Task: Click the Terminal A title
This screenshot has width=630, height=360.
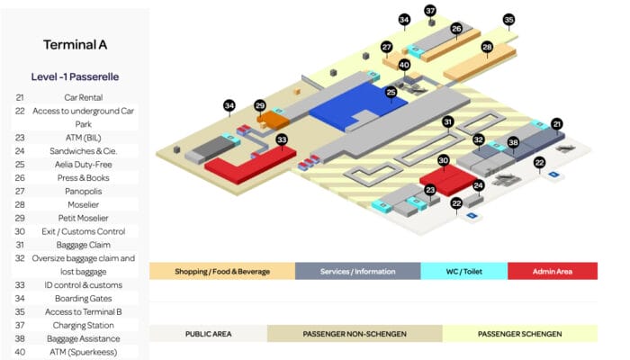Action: pos(75,45)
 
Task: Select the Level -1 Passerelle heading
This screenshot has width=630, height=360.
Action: pos(75,76)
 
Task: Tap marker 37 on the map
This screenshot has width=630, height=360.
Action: pos(430,11)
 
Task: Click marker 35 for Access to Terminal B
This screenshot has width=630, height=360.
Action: pos(509,20)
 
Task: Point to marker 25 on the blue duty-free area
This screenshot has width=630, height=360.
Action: pos(391,93)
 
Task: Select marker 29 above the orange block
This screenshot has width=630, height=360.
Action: pos(260,105)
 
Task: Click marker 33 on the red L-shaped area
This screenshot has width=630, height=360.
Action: pos(282,139)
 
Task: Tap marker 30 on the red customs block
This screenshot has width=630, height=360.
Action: pos(443,161)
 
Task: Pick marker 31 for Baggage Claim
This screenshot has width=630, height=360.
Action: pos(448,121)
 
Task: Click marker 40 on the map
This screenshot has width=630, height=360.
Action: pos(404,65)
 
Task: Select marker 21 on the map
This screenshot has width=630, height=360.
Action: pos(556,124)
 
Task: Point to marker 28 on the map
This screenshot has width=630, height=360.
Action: pos(487,48)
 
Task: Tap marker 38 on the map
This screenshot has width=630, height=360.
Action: pos(513,142)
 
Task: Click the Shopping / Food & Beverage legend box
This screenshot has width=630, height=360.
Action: pos(222,271)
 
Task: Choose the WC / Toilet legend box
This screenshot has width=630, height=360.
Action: pos(464,271)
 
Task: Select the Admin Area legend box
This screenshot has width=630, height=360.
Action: pos(553,271)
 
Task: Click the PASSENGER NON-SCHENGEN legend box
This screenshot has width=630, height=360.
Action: pos(355,334)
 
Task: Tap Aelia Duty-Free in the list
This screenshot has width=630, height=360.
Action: pos(83,165)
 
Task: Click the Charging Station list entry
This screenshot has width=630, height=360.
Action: pos(83,326)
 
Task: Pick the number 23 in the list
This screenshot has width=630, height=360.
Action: pos(20,138)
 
